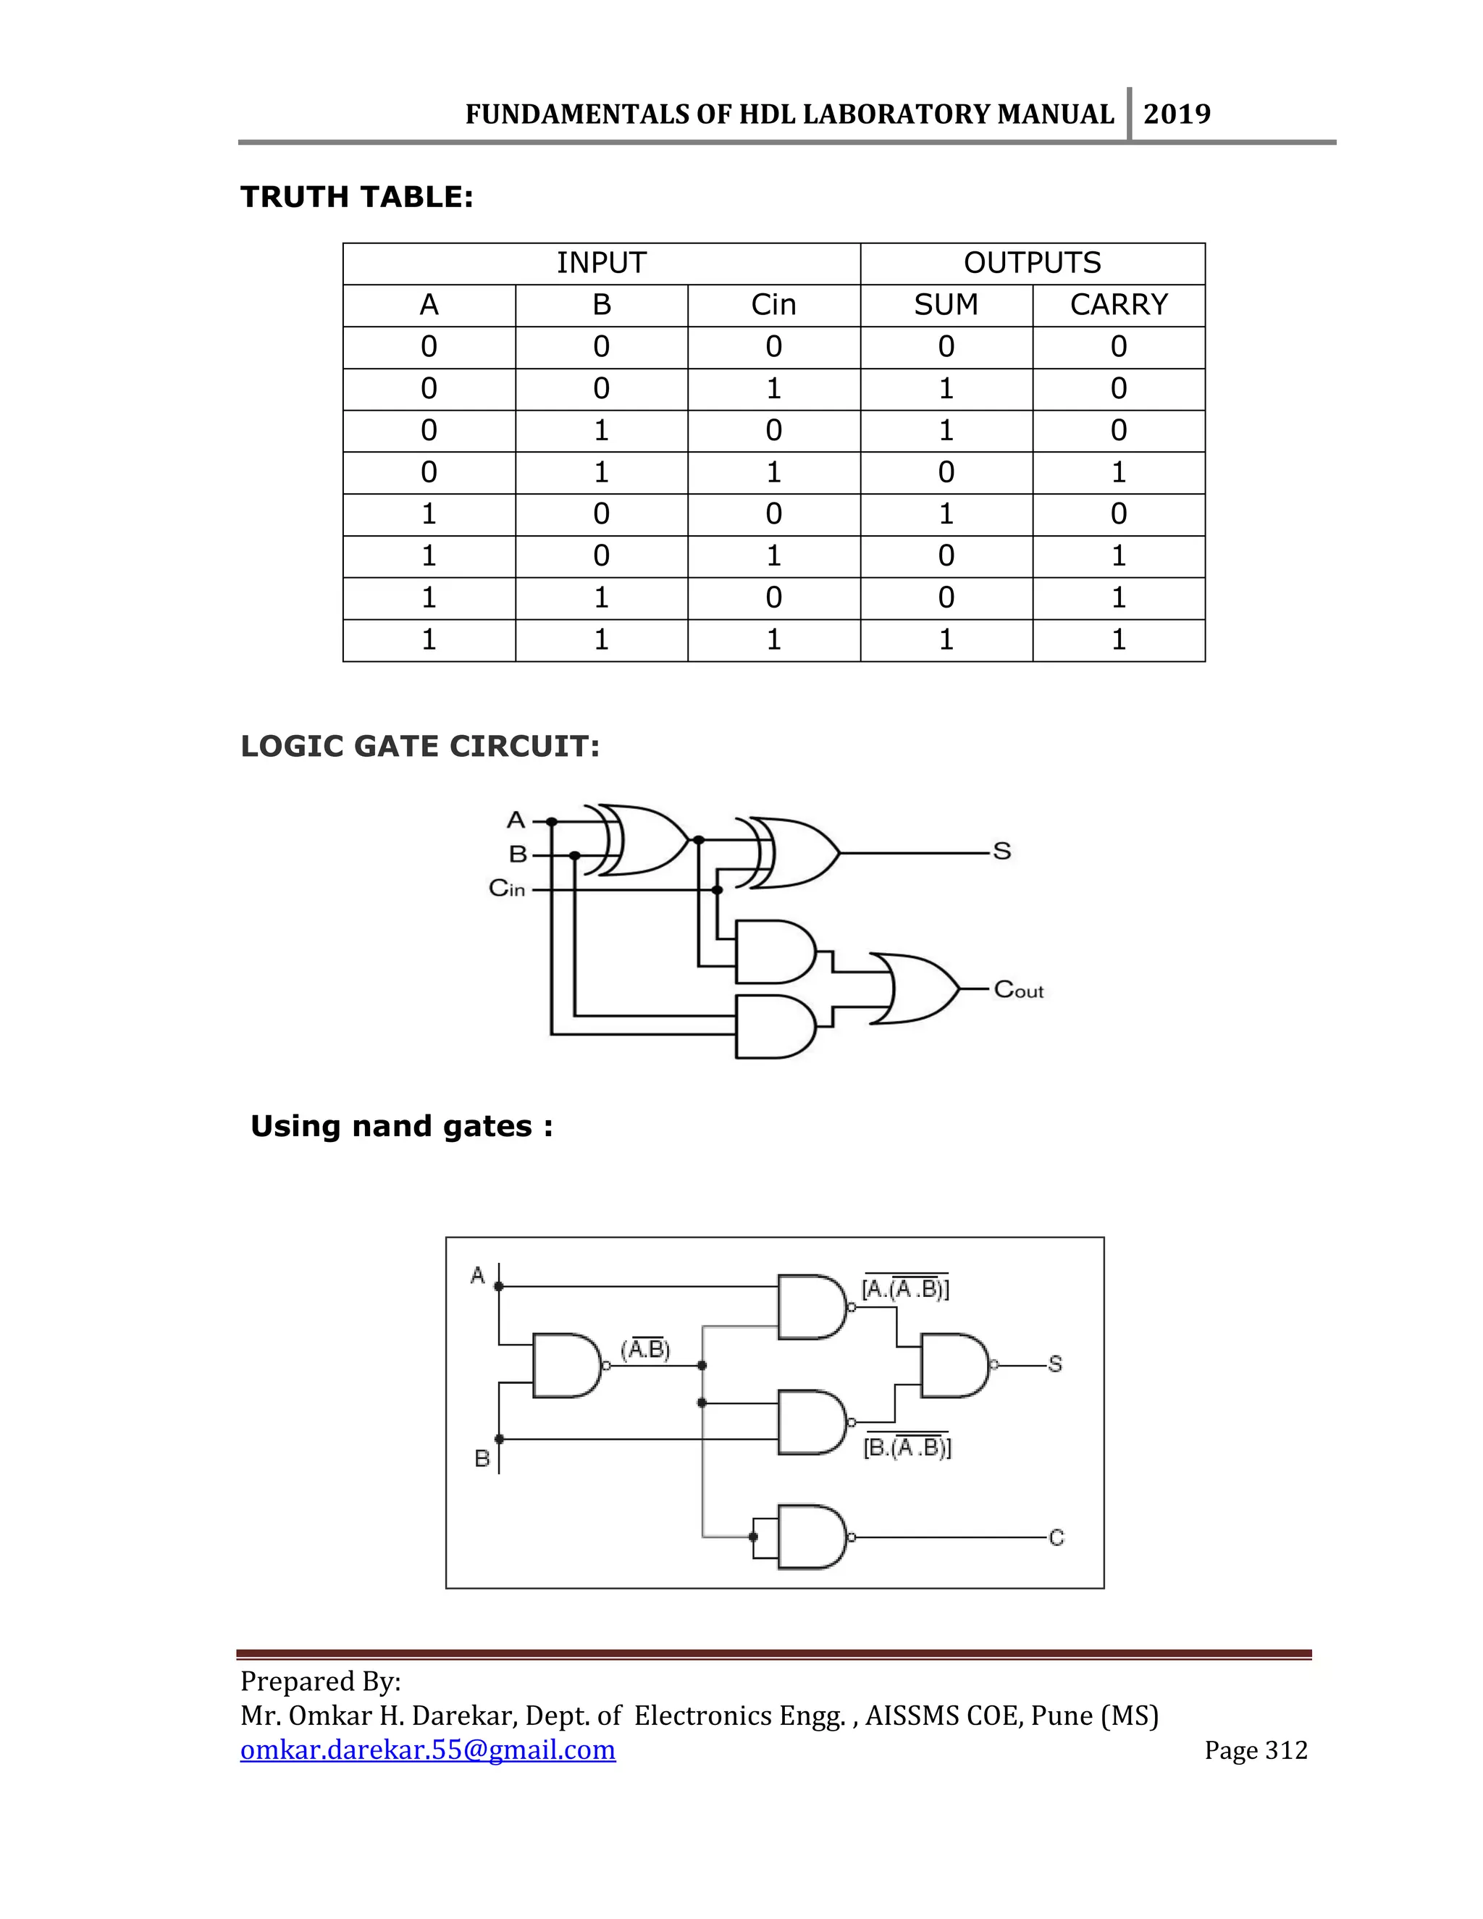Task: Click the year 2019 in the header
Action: (x=1177, y=114)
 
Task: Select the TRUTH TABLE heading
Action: (x=357, y=197)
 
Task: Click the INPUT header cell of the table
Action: (x=601, y=263)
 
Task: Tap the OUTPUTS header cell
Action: (x=1033, y=263)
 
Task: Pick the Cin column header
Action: (x=773, y=305)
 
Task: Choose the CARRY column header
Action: (x=1118, y=305)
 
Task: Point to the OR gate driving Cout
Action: (x=918, y=988)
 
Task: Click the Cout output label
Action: (x=1018, y=990)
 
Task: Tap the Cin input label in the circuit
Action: (x=507, y=889)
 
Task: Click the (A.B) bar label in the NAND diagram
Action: (x=646, y=1349)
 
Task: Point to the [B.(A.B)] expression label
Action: (x=907, y=1445)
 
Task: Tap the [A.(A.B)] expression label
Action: (x=905, y=1288)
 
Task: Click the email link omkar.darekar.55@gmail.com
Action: (x=428, y=1750)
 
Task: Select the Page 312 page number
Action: (x=1256, y=1750)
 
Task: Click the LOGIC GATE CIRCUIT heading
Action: (x=420, y=746)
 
